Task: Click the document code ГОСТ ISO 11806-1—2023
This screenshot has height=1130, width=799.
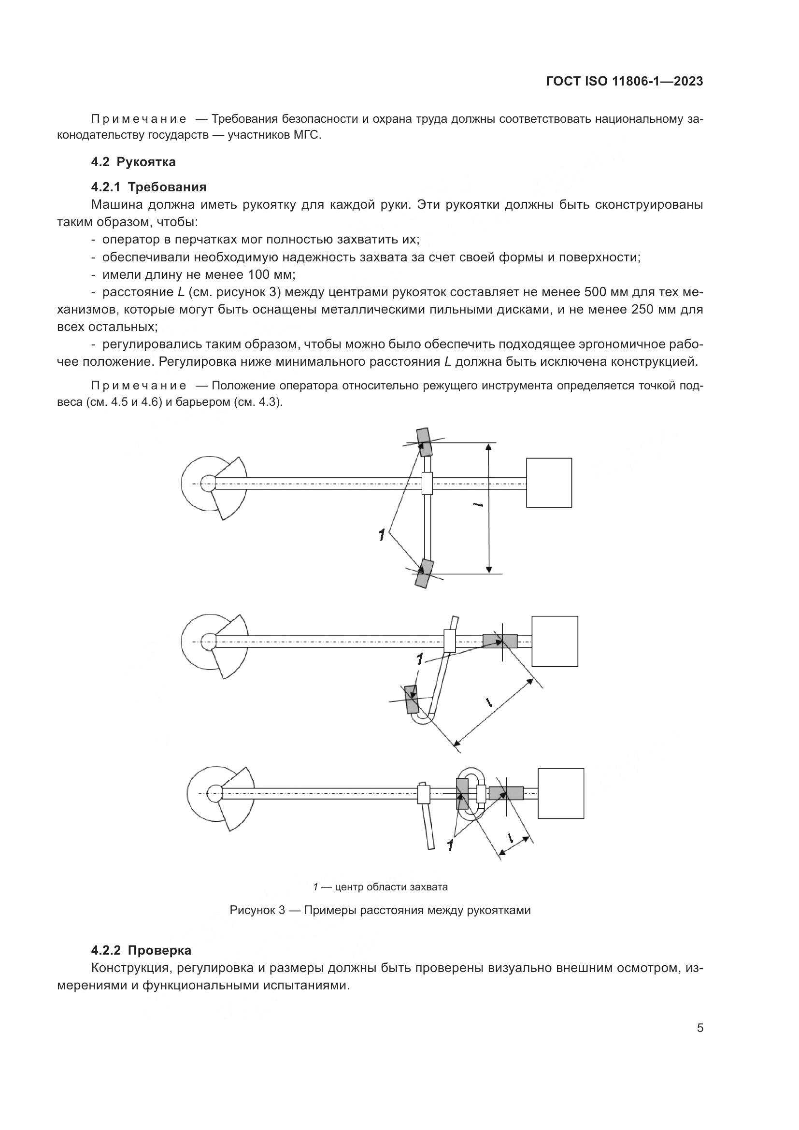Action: coord(624,82)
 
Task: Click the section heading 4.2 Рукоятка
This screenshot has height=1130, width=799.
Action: coord(133,161)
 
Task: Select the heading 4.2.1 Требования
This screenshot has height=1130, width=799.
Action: coord(149,187)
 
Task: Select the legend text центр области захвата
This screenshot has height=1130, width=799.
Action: coord(391,887)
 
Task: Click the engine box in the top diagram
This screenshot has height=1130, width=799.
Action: coord(549,482)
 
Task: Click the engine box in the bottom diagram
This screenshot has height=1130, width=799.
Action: coord(560,793)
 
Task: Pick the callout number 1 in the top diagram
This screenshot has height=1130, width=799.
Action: coord(381,534)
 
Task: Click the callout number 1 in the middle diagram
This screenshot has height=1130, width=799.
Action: coord(420,659)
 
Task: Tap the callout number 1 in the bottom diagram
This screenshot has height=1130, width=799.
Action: coord(450,845)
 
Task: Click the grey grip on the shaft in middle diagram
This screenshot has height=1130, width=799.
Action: coord(499,640)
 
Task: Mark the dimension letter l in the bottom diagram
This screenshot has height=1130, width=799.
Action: coord(510,837)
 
